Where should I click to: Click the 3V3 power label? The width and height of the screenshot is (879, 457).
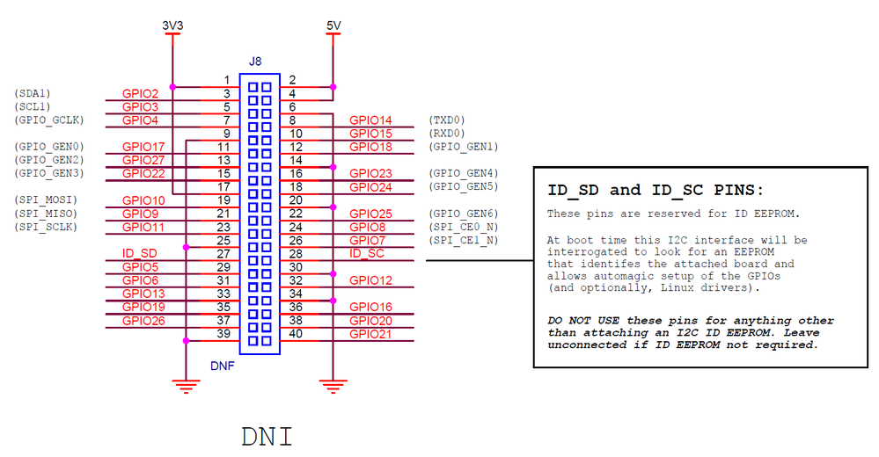point(172,26)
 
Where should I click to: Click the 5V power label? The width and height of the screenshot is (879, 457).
point(333,26)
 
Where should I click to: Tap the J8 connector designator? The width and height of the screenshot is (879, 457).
point(255,62)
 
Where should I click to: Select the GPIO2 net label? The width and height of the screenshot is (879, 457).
point(140,93)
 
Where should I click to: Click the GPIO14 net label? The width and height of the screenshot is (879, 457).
point(370,120)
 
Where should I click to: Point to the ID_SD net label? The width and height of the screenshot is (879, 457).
point(139,254)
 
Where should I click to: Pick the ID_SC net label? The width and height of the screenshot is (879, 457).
point(367,254)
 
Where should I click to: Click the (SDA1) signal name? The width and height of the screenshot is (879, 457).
point(33,93)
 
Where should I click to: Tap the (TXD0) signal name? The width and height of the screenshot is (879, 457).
point(446,120)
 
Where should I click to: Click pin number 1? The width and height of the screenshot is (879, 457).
point(226,80)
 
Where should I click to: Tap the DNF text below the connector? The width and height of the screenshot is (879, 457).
point(222,365)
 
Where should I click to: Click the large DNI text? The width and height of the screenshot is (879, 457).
point(267,436)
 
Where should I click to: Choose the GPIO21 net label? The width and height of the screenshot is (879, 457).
point(370,334)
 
